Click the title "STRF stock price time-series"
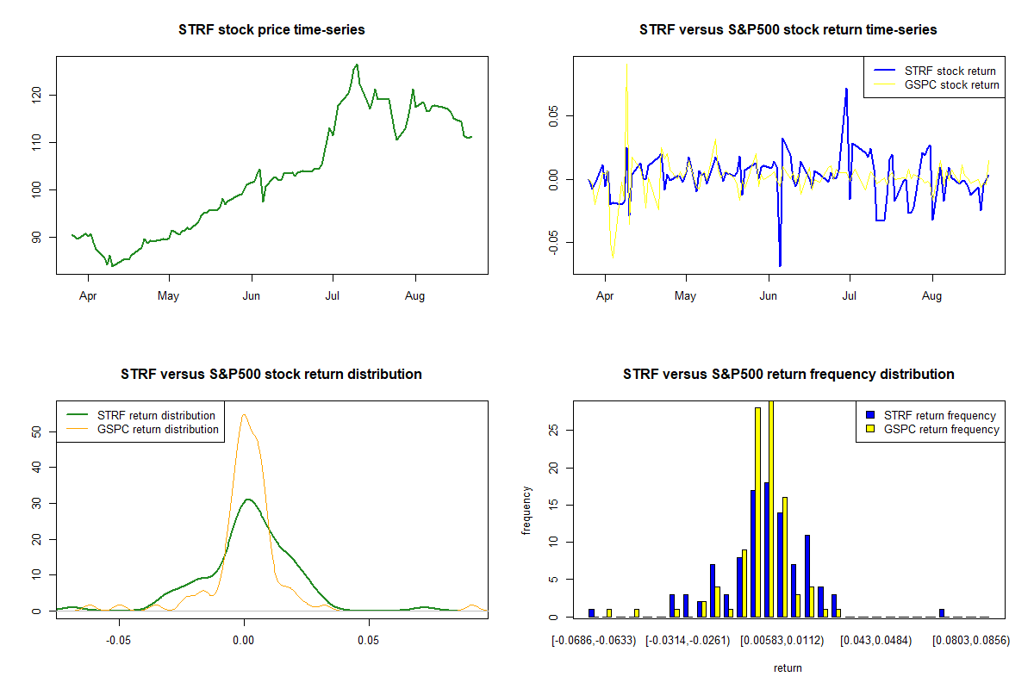(x=271, y=30)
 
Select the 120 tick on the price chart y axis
(x=36, y=94)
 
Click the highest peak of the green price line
(x=357, y=65)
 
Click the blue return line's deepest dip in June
(x=780, y=265)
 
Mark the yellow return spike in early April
(x=626, y=65)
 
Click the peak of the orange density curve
(x=244, y=414)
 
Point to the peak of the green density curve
(x=248, y=499)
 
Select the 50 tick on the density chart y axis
(x=36, y=431)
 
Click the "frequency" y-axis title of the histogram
(x=526, y=510)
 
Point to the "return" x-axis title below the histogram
(x=788, y=667)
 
